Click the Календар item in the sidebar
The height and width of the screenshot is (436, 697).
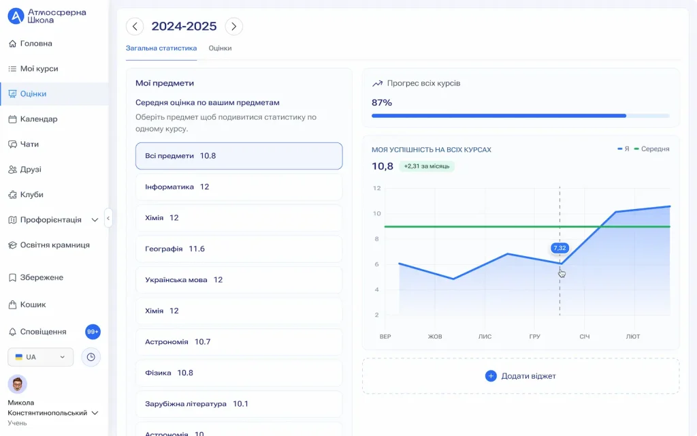pyautogui.click(x=39, y=119)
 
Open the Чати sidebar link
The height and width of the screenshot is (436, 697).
pyautogui.click(x=29, y=144)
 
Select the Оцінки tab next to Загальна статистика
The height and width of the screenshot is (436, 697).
pyautogui.click(x=220, y=48)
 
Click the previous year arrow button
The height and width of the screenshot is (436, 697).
pyautogui.click(x=135, y=27)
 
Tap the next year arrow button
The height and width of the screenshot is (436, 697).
pyautogui.click(x=233, y=27)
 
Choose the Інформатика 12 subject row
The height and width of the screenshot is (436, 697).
pyautogui.click(x=239, y=187)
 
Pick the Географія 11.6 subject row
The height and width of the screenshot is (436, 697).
pyautogui.click(x=239, y=249)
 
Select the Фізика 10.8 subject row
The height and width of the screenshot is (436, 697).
pyautogui.click(x=239, y=373)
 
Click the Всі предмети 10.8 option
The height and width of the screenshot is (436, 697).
pyautogui.click(x=239, y=156)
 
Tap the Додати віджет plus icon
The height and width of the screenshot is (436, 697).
pyautogui.click(x=491, y=376)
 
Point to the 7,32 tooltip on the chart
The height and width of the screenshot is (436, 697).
pyautogui.click(x=560, y=248)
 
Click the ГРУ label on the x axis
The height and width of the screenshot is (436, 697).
pyautogui.click(x=534, y=337)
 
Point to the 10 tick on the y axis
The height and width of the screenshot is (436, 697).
pyautogui.click(x=376, y=214)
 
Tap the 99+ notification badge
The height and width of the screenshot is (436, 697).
pyautogui.click(x=93, y=332)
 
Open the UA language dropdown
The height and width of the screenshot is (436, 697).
pyautogui.click(x=40, y=357)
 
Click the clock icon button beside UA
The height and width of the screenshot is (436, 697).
pyautogui.click(x=91, y=357)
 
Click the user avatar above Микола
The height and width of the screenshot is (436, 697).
pyautogui.click(x=17, y=384)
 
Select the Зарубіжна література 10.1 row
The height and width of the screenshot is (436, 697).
pyautogui.click(x=239, y=404)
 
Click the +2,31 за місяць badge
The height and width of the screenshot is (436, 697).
pyautogui.click(x=426, y=166)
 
